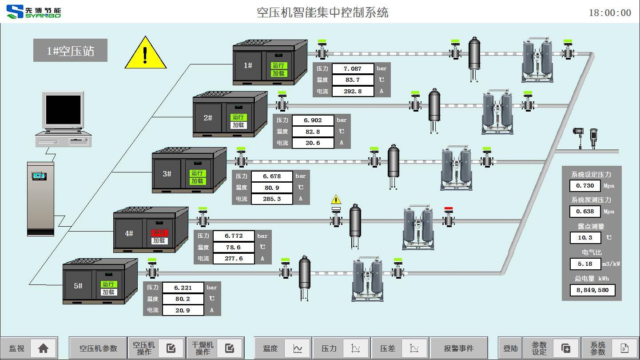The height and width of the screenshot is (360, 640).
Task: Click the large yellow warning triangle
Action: click(145, 55)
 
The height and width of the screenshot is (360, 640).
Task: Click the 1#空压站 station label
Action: click(70, 51)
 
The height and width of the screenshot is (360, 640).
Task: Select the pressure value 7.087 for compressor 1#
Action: click(353, 68)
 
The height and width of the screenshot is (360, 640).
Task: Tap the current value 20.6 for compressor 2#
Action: click(312, 143)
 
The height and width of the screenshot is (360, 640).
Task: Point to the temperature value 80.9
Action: click(272, 188)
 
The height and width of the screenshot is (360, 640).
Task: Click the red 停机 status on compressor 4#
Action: click(159, 232)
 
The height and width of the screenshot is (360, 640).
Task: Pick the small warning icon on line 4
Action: click(336, 200)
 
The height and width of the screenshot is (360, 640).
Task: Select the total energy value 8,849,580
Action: click(592, 290)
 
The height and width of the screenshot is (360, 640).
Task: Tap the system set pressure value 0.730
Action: click(585, 186)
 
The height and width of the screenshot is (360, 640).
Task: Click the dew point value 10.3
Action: click(585, 238)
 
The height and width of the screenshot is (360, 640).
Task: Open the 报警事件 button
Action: click(458, 348)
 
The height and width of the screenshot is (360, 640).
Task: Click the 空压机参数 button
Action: click(98, 348)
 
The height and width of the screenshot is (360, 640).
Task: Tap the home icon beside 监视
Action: click(43, 348)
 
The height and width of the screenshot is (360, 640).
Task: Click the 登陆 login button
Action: click(510, 348)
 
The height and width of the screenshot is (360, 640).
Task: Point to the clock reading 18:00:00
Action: click(610, 13)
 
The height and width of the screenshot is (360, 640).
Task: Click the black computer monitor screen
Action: click(64, 110)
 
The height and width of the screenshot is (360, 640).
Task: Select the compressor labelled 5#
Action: click(78, 286)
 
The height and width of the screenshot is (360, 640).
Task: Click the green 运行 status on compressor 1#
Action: click(278, 65)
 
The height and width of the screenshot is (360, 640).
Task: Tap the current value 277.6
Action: click(234, 258)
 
